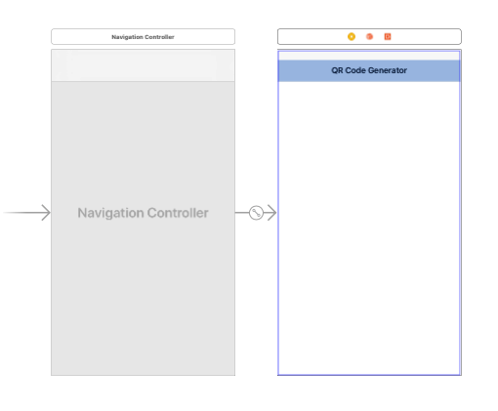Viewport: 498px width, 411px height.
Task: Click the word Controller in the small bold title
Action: [x=159, y=37]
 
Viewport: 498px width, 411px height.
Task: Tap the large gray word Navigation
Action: [x=110, y=213]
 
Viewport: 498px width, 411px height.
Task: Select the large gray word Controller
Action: [x=178, y=213]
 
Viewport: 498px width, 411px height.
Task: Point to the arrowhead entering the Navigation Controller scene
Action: [x=46, y=213]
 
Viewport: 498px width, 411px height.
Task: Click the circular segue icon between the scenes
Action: [x=256, y=213]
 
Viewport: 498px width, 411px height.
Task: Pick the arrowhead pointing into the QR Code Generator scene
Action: [x=271, y=213]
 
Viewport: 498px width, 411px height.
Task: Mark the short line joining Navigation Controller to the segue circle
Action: [x=242, y=213]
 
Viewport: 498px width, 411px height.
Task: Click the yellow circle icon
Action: [x=352, y=36]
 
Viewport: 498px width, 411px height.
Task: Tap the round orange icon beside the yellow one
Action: [x=369, y=36]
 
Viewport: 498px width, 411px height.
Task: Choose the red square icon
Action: [x=388, y=36]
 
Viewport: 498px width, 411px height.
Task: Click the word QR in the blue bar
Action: [x=337, y=70]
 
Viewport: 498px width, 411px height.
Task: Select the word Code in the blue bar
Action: [x=355, y=70]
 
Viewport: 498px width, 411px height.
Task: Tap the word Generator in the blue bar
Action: [x=388, y=70]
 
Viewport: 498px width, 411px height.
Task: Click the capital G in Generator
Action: [x=371, y=70]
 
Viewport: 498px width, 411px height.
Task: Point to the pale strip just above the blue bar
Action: [x=369, y=56]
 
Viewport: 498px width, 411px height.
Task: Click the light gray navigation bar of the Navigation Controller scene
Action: [x=143, y=65]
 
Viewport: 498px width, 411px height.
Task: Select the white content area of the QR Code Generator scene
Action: [x=369, y=227]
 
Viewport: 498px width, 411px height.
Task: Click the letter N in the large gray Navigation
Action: [x=82, y=213]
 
